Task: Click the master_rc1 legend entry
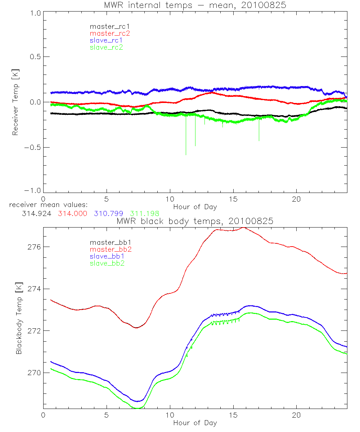[x=106, y=26]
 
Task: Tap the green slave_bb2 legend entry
[x=106, y=263]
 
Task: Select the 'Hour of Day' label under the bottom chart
[x=195, y=423]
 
